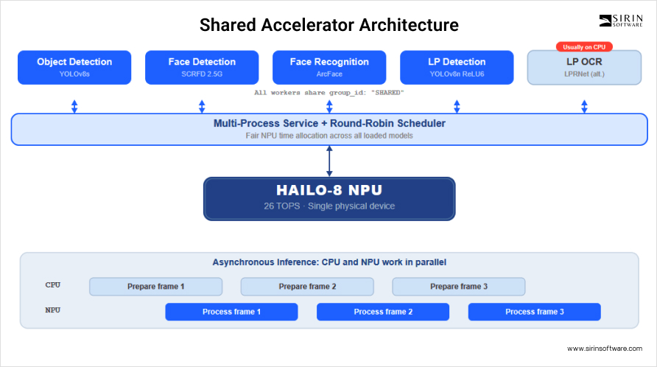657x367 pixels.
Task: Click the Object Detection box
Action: tap(74, 68)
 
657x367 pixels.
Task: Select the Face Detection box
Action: tap(202, 68)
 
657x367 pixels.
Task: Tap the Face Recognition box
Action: tap(329, 68)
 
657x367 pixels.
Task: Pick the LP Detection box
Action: tap(457, 68)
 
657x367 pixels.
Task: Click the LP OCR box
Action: tap(584, 68)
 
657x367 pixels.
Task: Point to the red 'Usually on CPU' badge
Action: tap(584, 47)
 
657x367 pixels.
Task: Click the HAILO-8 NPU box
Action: tap(329, 199)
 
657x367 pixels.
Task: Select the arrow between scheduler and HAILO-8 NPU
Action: tap(329, 161)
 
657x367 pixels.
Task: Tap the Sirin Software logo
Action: tap(621, 21)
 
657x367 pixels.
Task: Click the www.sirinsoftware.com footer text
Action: tap(605, 348)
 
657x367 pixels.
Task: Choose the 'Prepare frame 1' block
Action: tap(156, 287)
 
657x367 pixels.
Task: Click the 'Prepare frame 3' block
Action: tap(459, 287)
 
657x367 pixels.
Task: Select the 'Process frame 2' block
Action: tap(383, 312)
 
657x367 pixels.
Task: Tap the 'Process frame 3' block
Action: tap(535, 312)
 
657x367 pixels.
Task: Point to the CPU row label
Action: tap(53, 284)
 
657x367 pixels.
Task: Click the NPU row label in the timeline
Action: tap(53, 310)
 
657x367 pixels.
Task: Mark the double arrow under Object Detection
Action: tap(74, 107)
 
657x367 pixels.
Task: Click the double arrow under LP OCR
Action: tap(584, 107)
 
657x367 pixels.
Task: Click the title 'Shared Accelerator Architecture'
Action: tap(329, 25)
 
